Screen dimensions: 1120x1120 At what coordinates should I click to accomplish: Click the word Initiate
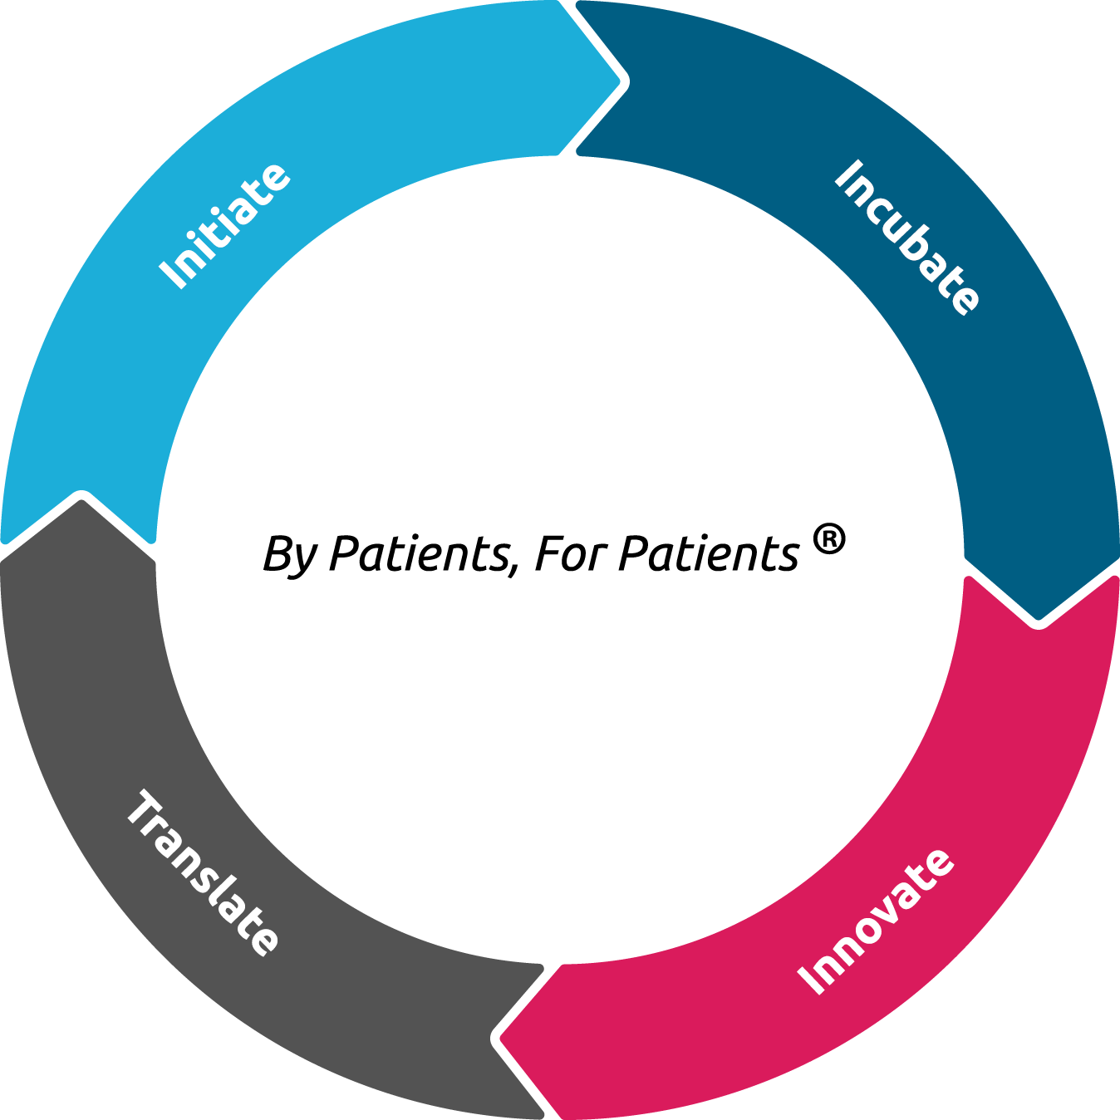point(224,226)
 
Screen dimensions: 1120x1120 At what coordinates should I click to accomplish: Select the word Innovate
point(875,921)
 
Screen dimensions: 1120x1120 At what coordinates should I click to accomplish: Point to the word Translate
point(203,872)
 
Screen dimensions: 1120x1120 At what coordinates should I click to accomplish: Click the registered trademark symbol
point(828,539)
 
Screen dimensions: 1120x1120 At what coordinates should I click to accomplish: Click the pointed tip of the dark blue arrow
point(1039,622)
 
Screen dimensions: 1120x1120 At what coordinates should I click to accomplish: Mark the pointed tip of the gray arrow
point(81,496)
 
